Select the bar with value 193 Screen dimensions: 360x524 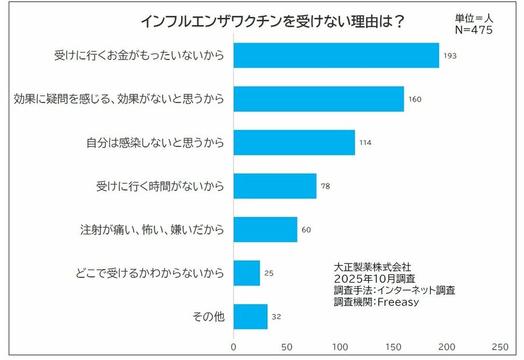click(336, 55)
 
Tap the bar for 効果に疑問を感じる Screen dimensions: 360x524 click(318, 99)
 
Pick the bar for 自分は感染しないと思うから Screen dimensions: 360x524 click(294, 143)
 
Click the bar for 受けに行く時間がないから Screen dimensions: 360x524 click(275, 186)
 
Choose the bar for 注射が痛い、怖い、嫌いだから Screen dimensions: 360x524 click(265, 230)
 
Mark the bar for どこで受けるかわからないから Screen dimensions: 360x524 click(246, 273)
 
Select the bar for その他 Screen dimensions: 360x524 click(250, 316)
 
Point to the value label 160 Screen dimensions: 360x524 click(415, 100)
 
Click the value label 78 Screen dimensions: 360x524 click(326, 186)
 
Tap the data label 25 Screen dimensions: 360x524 click(268, 273)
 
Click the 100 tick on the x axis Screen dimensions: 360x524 click(340, 347)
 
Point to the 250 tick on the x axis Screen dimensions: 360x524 click(500, 347)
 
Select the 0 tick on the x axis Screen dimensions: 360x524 click(233, 347)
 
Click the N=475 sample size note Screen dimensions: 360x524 click(473, 30)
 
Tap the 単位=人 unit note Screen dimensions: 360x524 click(473, 18)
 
